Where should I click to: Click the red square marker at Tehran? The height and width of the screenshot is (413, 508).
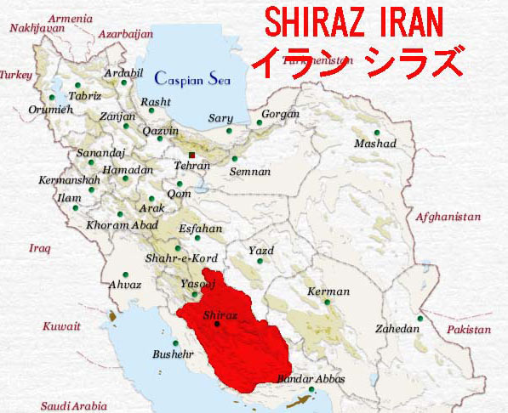(193, 156)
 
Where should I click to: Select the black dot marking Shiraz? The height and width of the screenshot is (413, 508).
(217, 324)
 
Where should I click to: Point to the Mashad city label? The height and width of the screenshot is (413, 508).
(375, 144)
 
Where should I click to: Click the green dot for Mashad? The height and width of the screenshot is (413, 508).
(376, 132)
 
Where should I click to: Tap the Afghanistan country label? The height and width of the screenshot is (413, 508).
(448, 218)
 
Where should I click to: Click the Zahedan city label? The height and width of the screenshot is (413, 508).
(396, 329)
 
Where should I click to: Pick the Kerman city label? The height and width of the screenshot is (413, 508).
(328, 291)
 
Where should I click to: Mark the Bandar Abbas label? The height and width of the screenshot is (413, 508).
(311, 379)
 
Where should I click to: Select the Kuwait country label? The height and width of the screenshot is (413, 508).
(62, 326)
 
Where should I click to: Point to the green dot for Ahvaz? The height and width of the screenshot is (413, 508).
(125, 274)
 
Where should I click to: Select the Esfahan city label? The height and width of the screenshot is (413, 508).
(201, 229)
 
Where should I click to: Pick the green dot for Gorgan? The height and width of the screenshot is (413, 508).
(260, 123)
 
